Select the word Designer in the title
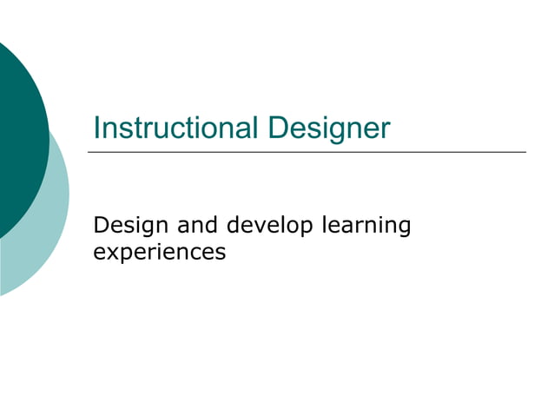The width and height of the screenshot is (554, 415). point(329,128)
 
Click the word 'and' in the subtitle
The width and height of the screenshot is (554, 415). point(197,226)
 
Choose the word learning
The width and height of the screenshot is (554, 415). point(366,227)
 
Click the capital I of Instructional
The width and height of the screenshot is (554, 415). point(96,128)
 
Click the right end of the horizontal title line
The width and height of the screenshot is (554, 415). point(524,153)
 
